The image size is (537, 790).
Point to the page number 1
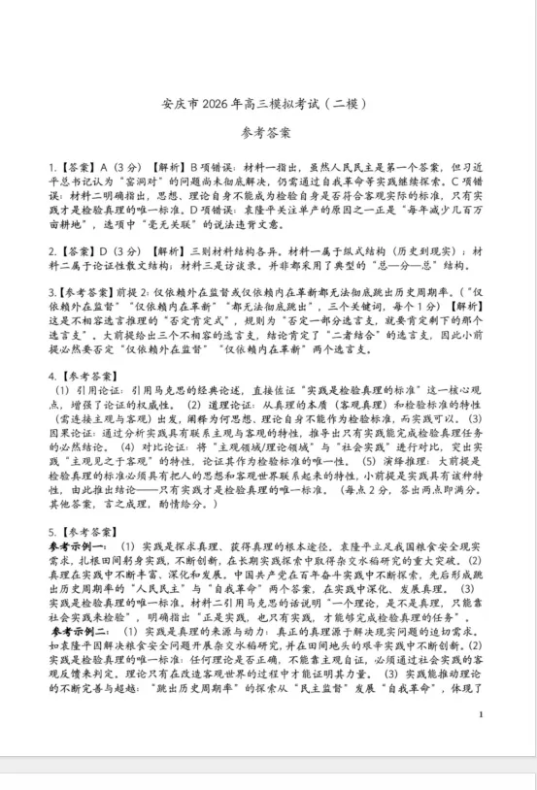point(507,741)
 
